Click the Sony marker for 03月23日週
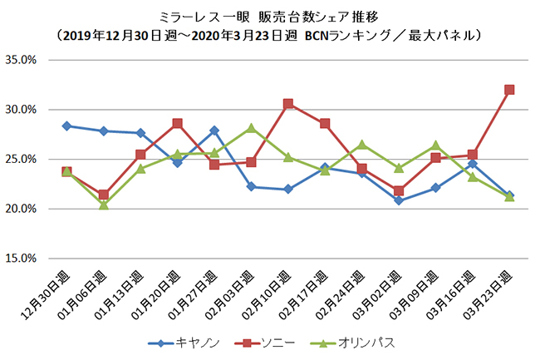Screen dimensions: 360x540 [509, 89]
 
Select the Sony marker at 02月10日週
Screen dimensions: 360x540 [287, 104]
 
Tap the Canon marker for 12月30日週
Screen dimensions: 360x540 [66, 126]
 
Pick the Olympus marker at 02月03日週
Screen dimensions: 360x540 [251, 128]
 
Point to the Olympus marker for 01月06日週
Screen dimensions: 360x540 [103, 204]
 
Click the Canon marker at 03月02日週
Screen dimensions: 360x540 [399, 200]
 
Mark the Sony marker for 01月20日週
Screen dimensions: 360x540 [177, 123]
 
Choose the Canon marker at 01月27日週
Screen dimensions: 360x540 [214, 130]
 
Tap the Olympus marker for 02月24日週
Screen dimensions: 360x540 [361, 145]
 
